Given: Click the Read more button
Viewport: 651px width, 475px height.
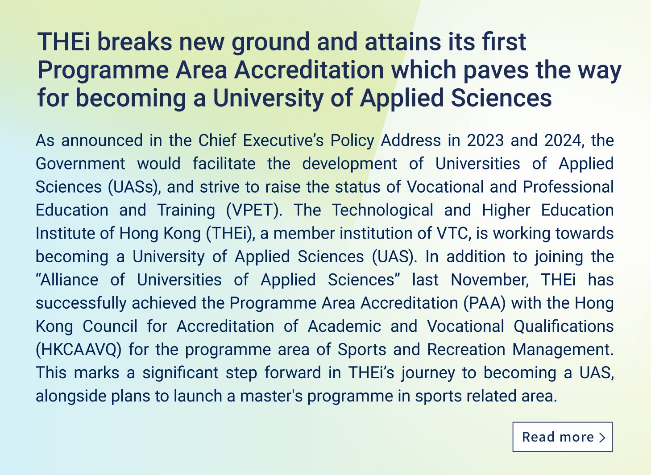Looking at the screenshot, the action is tap(562, 437).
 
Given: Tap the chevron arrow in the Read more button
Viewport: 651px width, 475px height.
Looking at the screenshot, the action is tap(602, 438).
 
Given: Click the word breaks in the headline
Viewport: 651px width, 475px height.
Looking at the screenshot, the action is tap(135, 41).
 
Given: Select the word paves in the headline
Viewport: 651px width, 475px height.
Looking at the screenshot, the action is tap(496, 70).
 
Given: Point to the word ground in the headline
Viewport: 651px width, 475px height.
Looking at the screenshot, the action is tap(270, 42).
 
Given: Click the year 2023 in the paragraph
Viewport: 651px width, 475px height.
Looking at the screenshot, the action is tap(485, 140).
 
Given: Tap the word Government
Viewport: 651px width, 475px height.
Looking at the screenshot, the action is tap(80, 164).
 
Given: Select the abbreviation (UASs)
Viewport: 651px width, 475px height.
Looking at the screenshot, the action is tap(134, 187).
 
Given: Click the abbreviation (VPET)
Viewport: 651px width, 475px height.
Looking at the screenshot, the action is tap(254, 211).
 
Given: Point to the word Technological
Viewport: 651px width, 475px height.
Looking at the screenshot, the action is tap(382, 211).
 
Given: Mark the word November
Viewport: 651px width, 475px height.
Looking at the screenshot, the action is tap(490, 280).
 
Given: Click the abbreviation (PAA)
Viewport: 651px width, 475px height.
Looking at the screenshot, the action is tap(485, 303).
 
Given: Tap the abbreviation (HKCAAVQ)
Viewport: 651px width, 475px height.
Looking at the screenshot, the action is tap(79, 350).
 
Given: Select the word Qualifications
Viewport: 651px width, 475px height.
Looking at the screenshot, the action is tap(564, 326).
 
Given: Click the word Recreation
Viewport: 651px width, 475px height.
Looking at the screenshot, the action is tap(466, 350).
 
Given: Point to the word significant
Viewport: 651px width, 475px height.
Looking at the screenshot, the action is tap(180, 373).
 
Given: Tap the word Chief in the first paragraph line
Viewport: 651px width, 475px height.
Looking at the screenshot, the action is tap(217, 140).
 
